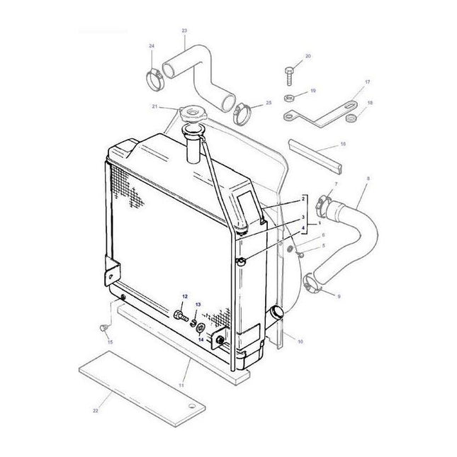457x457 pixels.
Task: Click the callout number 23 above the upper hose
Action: coord(185,31)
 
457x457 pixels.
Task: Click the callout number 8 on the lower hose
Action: coord(366,188)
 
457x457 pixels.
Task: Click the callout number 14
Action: coord(201,340)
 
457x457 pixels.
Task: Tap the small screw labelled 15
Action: coord(103,329)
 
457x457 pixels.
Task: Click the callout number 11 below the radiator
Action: coord(182,383)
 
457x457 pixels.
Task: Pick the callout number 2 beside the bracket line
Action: coord(303,201)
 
